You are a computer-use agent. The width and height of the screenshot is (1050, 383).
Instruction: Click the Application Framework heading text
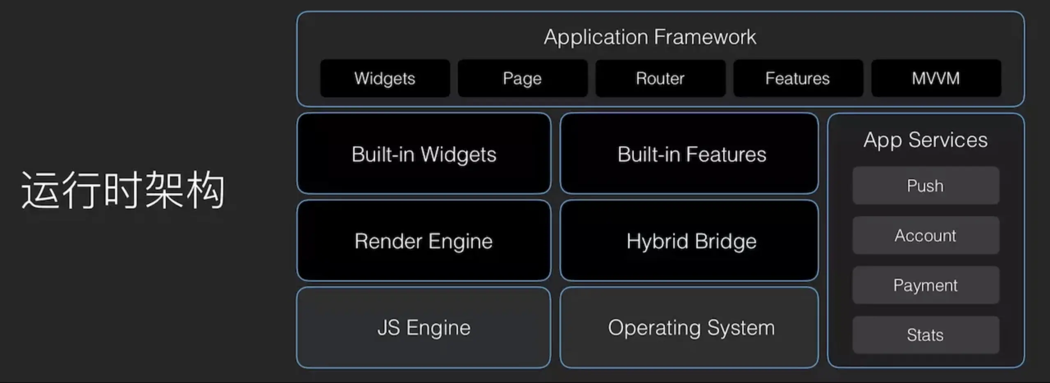click(650, 37)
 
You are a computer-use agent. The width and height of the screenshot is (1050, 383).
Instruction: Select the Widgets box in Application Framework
click(385, 78)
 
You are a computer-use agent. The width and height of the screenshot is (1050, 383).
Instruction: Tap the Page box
click(522, 78)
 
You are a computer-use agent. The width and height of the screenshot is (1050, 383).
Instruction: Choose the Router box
click(660, 78)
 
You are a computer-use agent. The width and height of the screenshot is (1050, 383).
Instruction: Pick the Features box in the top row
click(798, 78)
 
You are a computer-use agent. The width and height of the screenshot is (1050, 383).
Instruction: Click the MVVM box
click(936, 78)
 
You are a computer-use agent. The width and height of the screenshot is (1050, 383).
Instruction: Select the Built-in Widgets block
click(424, 154)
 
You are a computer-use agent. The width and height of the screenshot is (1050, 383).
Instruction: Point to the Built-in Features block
click(689, 154)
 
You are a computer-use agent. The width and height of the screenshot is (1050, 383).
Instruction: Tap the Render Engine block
click(424, 241)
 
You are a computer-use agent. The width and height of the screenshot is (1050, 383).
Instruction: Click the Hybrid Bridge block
click(689, 241)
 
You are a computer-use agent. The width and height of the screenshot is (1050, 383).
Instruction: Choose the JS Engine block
click(424, 328)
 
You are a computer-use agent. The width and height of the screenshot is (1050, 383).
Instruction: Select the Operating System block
click(689, 328)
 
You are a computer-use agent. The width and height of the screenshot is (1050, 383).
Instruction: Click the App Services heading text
click(925, 140)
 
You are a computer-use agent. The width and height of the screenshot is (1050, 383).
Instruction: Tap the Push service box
click(925, 186)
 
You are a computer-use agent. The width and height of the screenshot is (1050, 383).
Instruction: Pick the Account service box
click(925, 235)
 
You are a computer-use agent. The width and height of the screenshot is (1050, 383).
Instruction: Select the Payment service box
click(925, 285)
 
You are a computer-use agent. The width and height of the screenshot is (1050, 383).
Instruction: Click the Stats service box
click(925, 335)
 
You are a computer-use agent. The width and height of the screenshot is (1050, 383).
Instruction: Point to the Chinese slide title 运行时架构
click(123, 190)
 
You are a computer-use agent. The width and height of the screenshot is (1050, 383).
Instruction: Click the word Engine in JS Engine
click(438, 328)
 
